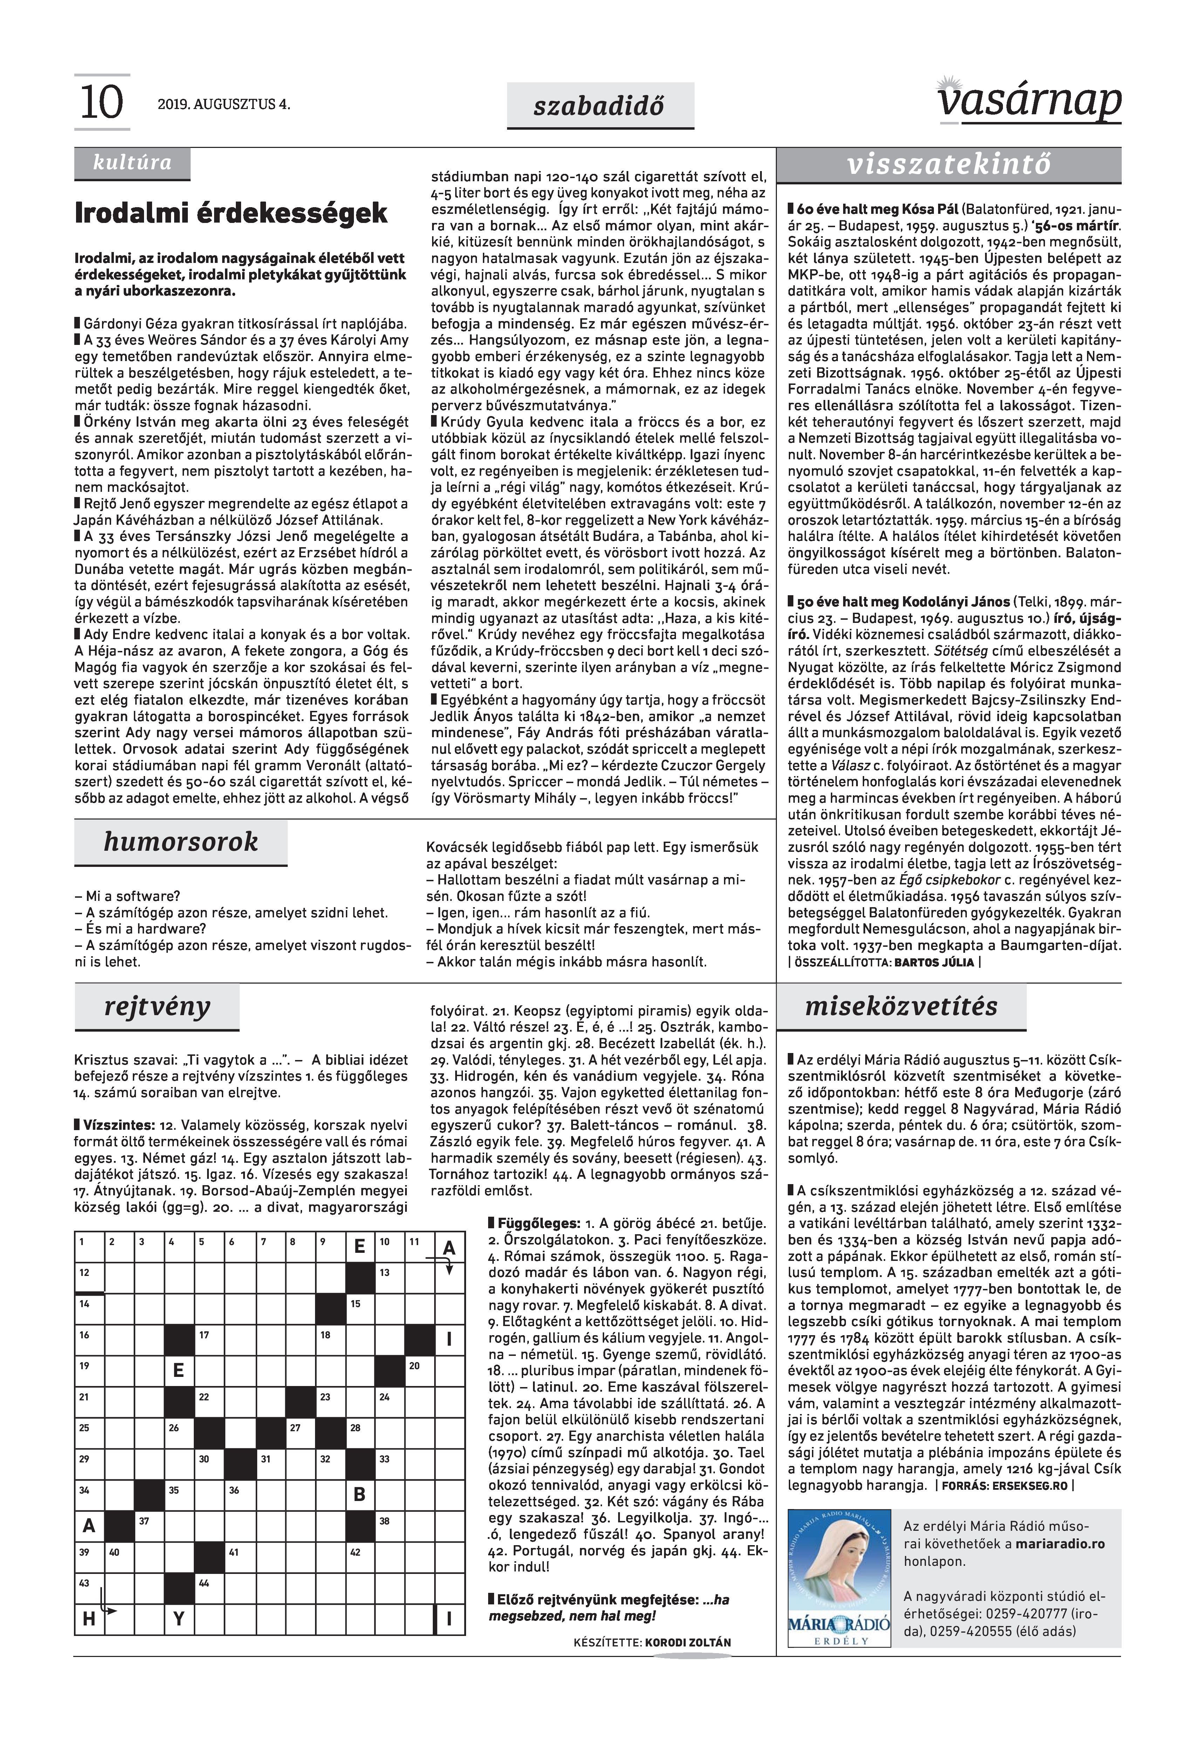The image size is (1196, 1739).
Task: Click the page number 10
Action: pos(101,103)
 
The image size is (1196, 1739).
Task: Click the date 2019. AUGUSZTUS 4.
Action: pos(223,105)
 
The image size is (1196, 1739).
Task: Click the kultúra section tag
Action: pos(132,163)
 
